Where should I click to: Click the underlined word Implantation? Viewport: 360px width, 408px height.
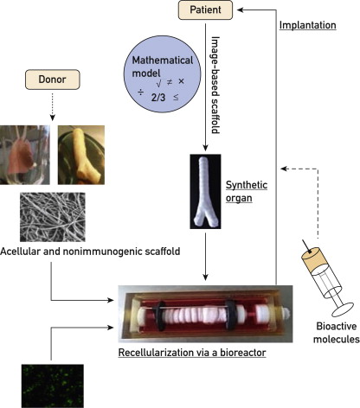coord(309,26)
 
